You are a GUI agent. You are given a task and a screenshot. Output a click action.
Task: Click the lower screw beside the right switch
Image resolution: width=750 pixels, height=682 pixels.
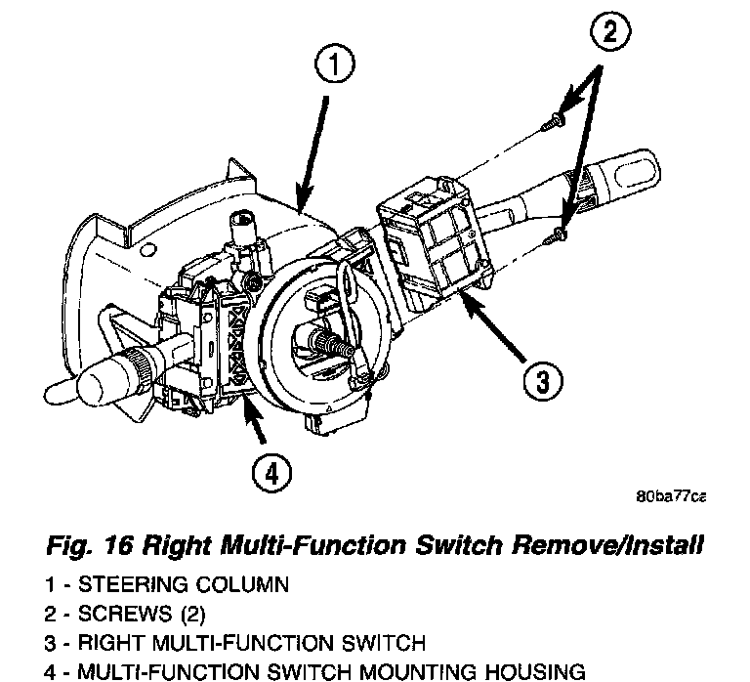click(560, 232)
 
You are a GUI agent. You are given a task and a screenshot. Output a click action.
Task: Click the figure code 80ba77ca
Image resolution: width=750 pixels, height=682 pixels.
click(669, 496)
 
